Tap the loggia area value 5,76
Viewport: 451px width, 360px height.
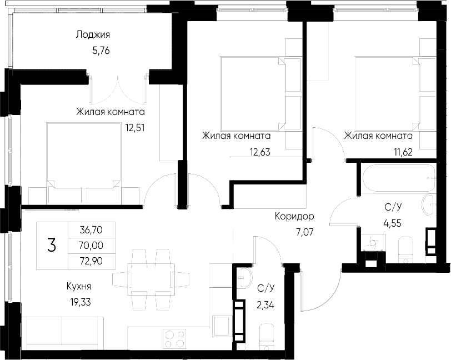[102, 50]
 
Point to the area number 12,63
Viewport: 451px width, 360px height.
[259, 151]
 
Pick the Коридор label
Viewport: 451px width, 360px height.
[294, 216]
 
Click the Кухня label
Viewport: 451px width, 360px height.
[78, 286]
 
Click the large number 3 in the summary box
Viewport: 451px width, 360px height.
[52, 245]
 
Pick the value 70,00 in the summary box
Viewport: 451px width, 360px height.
[92, 244]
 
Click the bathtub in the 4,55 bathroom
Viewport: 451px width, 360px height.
[397, 176]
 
